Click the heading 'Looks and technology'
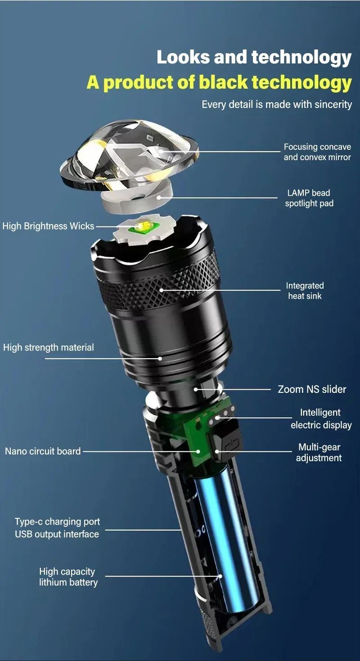click(x=254, y=58)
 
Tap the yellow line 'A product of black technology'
click(x=219, y=83)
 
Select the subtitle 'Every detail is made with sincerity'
click(x=276, y=104)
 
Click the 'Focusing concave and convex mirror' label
click(x=317, y=152)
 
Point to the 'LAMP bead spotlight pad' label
click(x=309, y=198)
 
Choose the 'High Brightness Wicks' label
click(x=48, y=226)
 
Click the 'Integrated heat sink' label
click(x=305, y=291)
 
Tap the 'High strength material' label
click(x=49, y=347)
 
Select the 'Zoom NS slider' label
click(x=312, y=389)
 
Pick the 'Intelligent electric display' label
click(x=321, y=418)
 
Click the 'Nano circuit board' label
click(x=43, y=451)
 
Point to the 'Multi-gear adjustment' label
click(x=319, y=453)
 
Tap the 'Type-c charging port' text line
click(x=57, y=522)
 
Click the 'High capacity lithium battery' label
click(x=68, y=577)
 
